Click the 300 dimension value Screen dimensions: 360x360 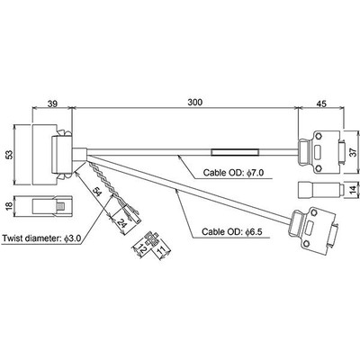pyautogui.click(x=195, y=103)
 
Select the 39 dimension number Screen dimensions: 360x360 pyautogui.click(x=52, y=103)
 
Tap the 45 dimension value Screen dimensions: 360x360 pyautogui.click(x=321, y=103)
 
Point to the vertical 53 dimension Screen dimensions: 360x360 pyautogui.click(x=10, y=155)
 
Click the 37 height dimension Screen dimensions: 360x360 pyautogui.click(x=355, y=152)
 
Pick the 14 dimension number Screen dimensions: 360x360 pyautogui.click(x=355, y=190)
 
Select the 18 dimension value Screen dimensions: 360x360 pyautogui.click(x=10, y=205)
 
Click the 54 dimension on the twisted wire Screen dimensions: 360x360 pyautogui.click(x=97, y=191)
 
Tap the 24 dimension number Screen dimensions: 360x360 pyautogui.click(x=121, y=223)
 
